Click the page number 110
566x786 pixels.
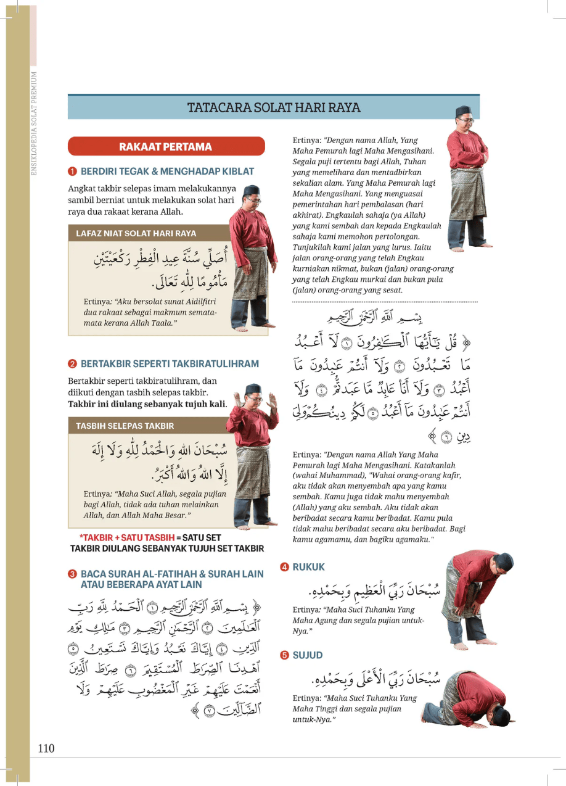pyautogui.click(x=46, y=748)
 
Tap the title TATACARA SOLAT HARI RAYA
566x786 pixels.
pyautogui.click(x=274, y=107)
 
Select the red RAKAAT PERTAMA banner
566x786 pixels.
pyautogui.click(x=166, y=147)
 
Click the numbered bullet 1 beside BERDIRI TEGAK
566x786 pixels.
pyautogui.click(x=72, y=172)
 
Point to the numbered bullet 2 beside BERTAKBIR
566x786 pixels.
pyautogui.click(x=72, y=364)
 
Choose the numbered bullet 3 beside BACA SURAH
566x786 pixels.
pyautogui.click(x=72, y=574)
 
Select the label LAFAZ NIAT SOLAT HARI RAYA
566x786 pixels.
pyautogui.click(x=136, y=234)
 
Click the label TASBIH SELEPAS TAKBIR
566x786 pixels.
pyautogui.click(x=125, y=426)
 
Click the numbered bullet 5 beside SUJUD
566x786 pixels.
pyautogui.click(x=284, y=655)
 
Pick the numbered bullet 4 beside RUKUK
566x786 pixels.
pyautogui.click(x=284, y=566)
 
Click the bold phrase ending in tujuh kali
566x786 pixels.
pyautogui.click(x=147, y=404)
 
